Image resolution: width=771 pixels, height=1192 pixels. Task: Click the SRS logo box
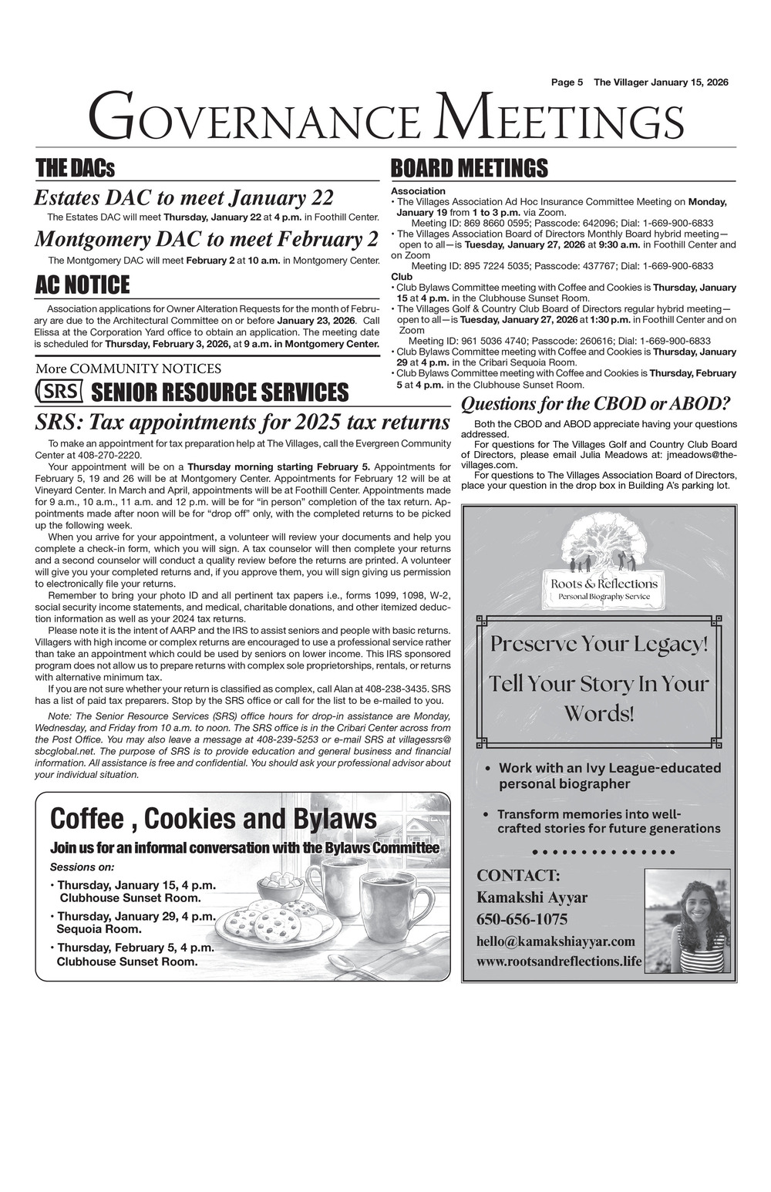[59, 391]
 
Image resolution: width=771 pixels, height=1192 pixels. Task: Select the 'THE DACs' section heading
[75, 168]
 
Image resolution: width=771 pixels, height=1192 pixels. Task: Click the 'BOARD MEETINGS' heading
[470, 168]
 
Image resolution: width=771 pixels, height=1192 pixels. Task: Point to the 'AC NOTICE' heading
[82, 285]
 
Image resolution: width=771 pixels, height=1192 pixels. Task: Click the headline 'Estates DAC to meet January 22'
[183, 198]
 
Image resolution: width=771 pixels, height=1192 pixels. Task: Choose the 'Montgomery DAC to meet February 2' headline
[207, 239]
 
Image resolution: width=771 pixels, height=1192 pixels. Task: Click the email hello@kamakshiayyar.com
[555, 941]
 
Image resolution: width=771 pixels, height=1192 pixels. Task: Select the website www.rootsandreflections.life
[558, 961]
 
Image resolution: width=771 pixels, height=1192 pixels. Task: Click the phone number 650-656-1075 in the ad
[522, 919]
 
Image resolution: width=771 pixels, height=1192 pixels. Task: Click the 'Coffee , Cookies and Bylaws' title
[214, 817]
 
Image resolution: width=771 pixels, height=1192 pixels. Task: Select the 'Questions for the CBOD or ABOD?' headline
[595, 403]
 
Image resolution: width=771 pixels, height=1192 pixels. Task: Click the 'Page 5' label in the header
[567, 82]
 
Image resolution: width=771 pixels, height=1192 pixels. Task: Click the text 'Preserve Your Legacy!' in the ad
[599, 644]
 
